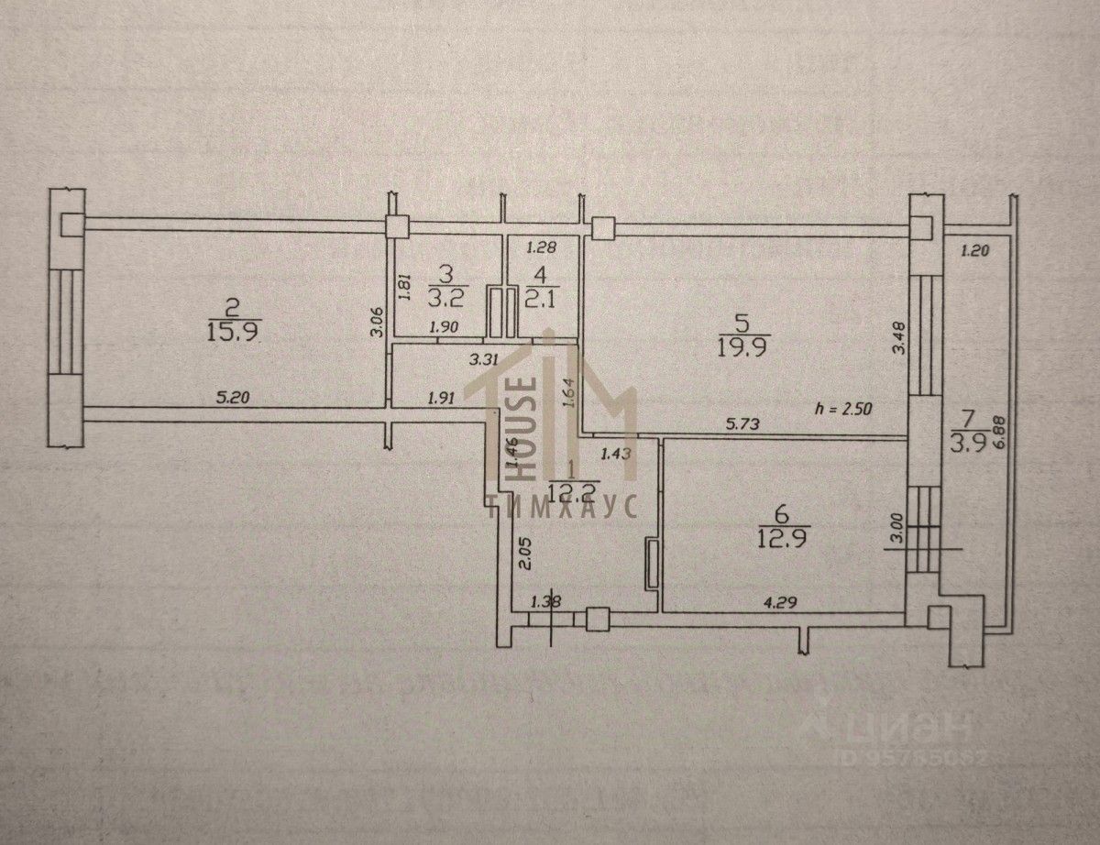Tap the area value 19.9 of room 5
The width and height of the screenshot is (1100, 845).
pos(744,346)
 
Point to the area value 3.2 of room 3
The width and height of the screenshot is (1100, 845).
pos(445,297)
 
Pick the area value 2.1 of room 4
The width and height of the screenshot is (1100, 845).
pos(543,295)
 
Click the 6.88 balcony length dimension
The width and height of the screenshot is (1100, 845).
pos(987,443)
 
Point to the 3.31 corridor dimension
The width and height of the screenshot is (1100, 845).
pos(482,360)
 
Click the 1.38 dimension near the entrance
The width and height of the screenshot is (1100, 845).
pos(545,601)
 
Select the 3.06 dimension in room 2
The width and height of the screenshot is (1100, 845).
pos(375,324)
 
